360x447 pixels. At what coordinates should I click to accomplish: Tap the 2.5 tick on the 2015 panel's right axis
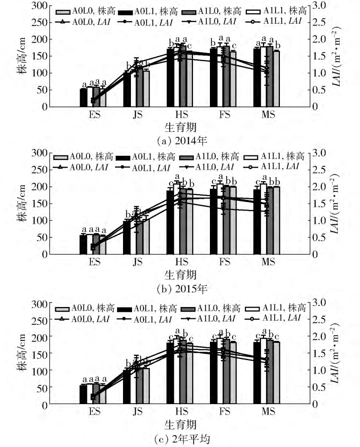[x=320, y=170]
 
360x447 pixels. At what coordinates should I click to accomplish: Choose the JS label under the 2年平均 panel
[x=138, y=411]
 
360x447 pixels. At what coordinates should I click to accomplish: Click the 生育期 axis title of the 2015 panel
[x=181, y=274]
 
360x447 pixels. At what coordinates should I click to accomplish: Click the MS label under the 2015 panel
[x=268, y=262]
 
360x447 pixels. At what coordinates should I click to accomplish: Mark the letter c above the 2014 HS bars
[x=190, y=47]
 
